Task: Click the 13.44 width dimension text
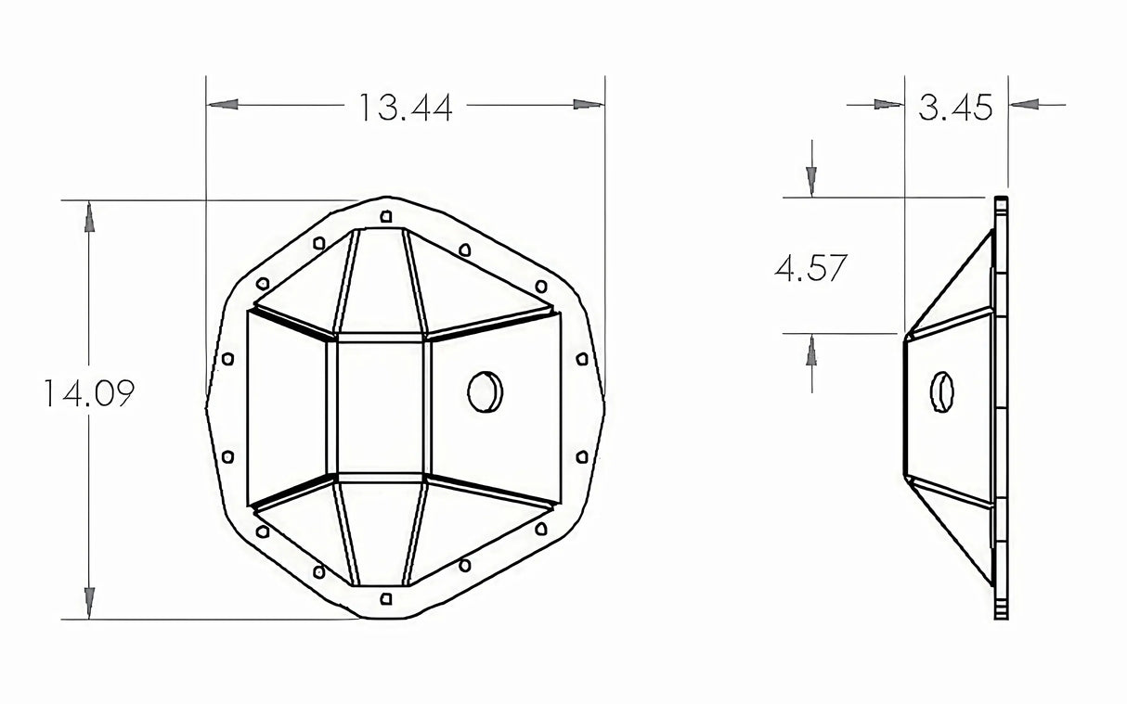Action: tap(406, 108)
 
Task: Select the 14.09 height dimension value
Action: tap(88, 394)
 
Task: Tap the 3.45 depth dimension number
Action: tap(955, 108)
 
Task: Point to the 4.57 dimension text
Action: tap(810, 269)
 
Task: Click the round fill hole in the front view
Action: tap(485, 391)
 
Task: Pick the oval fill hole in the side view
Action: tap(942, 391)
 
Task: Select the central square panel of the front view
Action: tap(380, 407)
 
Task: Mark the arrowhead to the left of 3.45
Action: tap(888, 105)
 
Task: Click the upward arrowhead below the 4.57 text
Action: tap(812, 349)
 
